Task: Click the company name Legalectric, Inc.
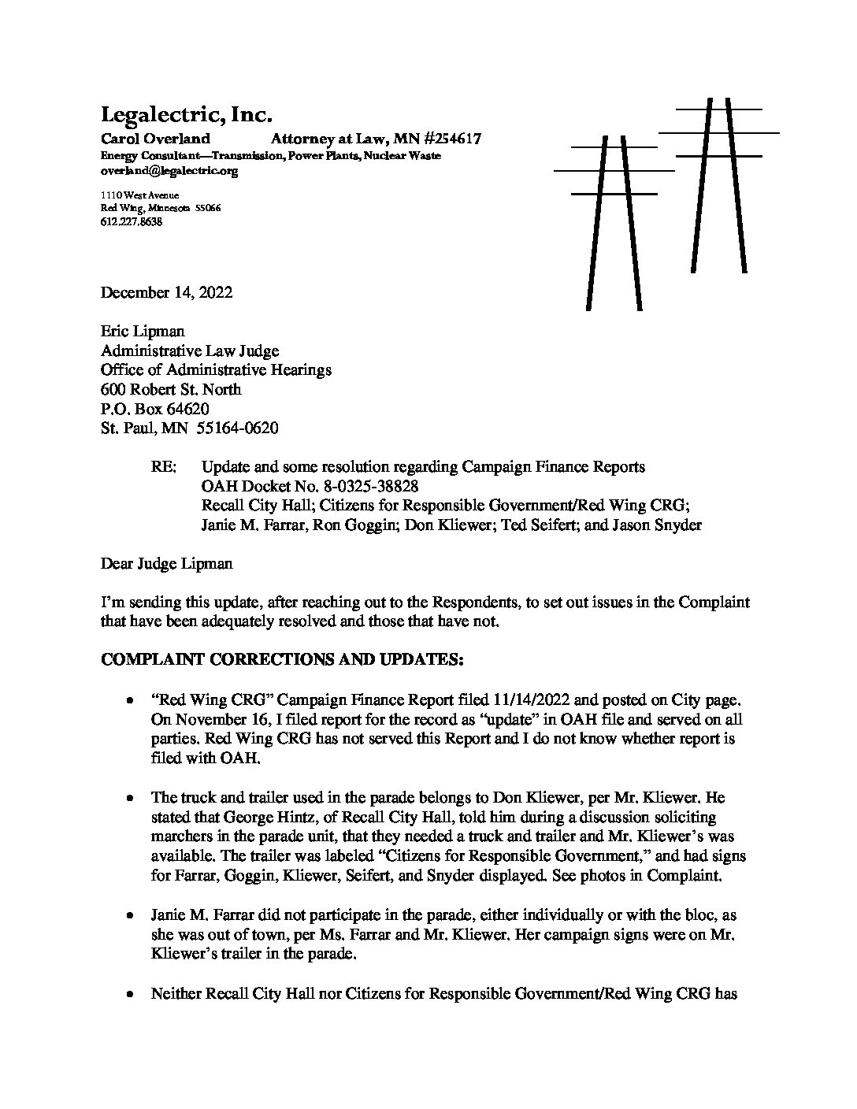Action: (x=186, y=115)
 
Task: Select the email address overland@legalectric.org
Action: (x=169, y=170)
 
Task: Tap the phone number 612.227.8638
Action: (x=132, y=222)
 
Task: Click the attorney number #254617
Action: (x=441, y=139)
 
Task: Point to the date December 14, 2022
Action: (x=166, y=293)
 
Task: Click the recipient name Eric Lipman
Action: (x=143, y=332)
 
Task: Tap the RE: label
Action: (x=163, y=467)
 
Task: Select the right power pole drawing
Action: (x=718, y=185)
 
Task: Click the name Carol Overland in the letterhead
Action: (x=155, y=139)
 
